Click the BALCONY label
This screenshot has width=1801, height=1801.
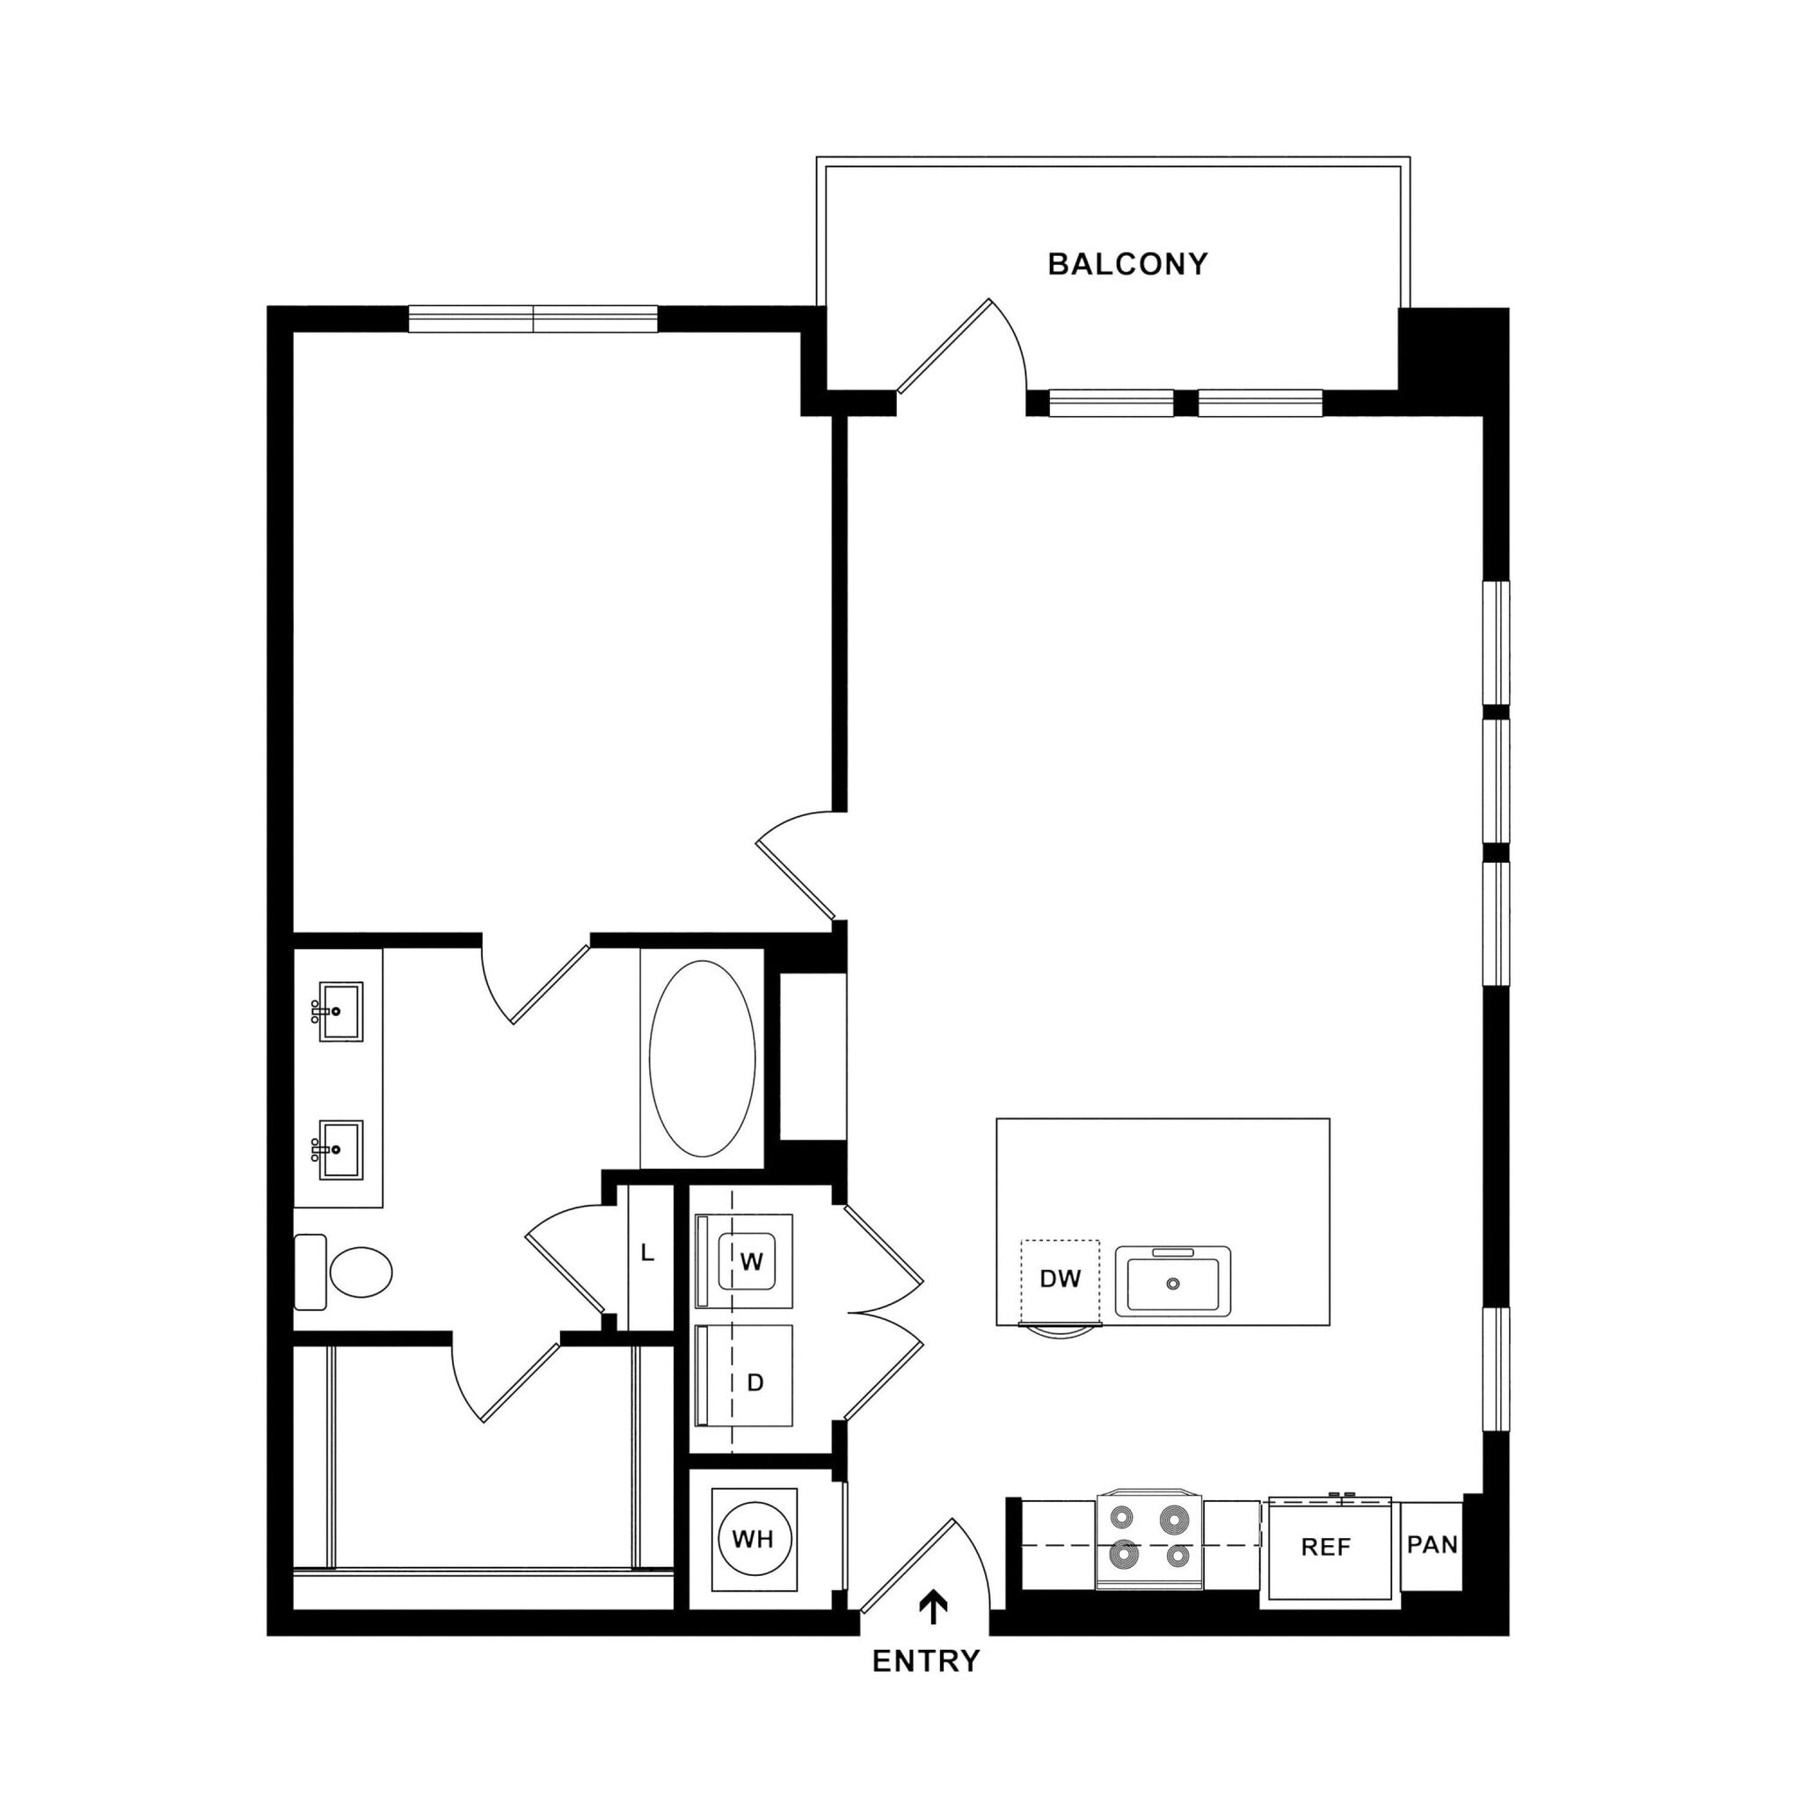pyautogui.click(x=1127, y=265)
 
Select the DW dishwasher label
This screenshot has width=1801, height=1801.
pyautogui.click(x=1060, y=1279)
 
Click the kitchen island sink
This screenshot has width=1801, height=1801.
pyautogui.click(x=1173, y=1283)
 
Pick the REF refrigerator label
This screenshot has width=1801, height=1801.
pyautogui.click(x=1325, y=1548)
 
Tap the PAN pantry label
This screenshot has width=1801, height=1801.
pyautogui.click(x=1432, y=1544)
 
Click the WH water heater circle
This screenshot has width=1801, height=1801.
pyautogui.click(x=754, y=1539)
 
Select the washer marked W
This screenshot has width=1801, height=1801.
pyautogui.click(x=750, y=1262)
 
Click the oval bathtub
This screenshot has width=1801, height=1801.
pyautogui.click(x=702, y=1059)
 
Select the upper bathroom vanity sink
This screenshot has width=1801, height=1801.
pyautogui.click(x=339, y=1010)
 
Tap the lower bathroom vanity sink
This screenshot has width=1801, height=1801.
pyautogui.click(x=339, y=1149)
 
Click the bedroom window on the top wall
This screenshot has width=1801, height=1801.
pyautogui.click(x=533, y=319)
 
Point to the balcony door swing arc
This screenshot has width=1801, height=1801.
pyautogui.click(x=1013, y=340)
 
